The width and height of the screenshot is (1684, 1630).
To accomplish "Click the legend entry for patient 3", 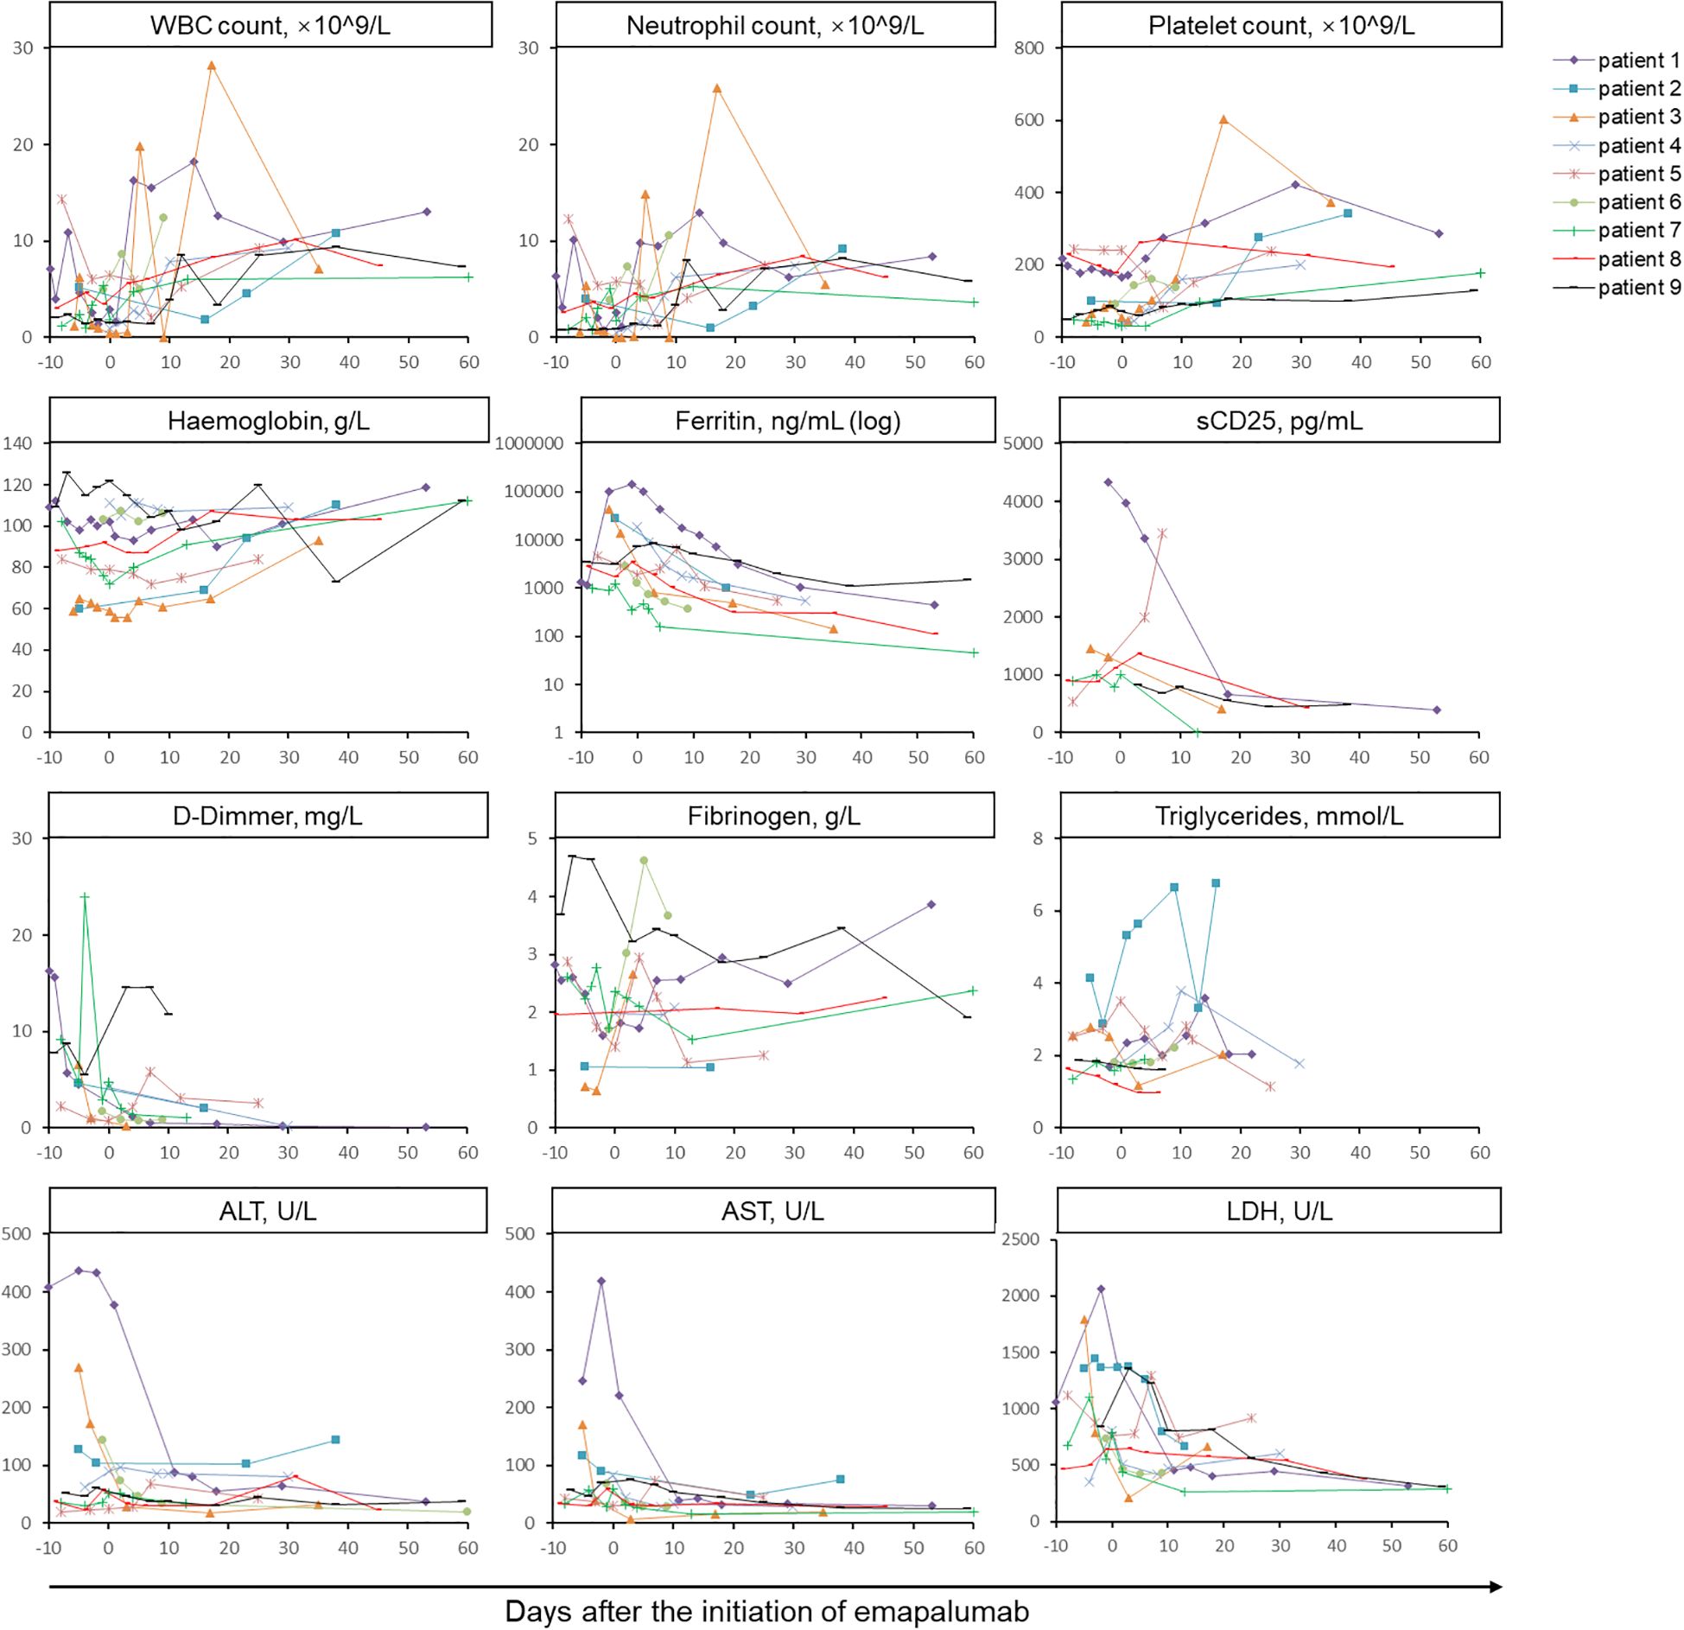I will (x=1638, y=117).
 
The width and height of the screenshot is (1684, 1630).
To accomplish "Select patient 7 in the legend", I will (x=1638, y=230).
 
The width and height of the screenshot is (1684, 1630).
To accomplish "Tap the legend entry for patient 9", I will (x=1638, y=287).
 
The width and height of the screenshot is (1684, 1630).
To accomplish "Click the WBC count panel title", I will (x=270, y=26).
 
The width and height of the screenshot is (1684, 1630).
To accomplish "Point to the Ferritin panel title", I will (x=787, y=421).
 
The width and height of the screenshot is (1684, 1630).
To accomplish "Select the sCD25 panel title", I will (x=1279, y=421).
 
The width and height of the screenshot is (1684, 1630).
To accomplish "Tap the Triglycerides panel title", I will (x=1279, y=816).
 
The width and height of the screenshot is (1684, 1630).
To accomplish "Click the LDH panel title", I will (x=1279, y=1211).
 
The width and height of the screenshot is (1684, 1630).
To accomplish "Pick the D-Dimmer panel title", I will (x=268, y=816).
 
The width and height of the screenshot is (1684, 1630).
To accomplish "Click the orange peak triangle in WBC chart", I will (x=212, y=66).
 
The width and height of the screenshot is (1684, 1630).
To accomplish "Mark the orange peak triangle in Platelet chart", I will (x=1223, y=120).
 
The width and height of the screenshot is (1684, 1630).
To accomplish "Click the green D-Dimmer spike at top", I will (x=85, y=897).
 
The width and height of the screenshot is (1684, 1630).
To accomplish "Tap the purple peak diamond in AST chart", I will (x=601, y=1281).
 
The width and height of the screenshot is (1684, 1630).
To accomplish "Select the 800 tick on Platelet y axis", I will (x=1029, y=48).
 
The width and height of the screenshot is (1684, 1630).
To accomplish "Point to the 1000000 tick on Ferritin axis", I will (x=529, y=443).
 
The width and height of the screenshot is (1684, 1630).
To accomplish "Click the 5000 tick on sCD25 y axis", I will (x=1023, y=443).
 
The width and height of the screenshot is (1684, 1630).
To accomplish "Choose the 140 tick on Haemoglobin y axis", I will (x=17, y=443).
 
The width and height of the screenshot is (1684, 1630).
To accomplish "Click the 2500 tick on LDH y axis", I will (x=1020, y=1239).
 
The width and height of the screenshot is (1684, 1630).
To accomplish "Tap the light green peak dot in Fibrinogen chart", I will (x=644, y=861).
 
